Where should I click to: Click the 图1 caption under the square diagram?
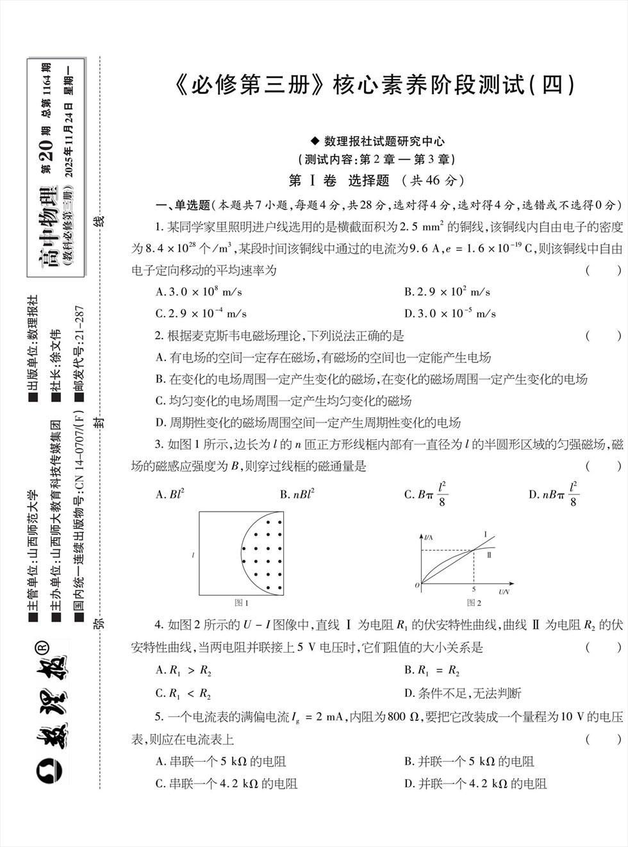coord(242,603)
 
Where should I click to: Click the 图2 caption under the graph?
coord(474,603)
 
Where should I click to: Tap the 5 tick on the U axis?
coord(474,589)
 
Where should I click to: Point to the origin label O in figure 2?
coord(417,585)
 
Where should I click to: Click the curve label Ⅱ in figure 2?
coord(489,555)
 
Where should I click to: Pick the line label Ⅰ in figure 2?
coord(485,535)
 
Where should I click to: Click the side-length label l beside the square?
coord(193,555)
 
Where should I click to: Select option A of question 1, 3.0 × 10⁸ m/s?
coord(199,292)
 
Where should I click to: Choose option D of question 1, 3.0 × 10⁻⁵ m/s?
coord(450,314)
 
